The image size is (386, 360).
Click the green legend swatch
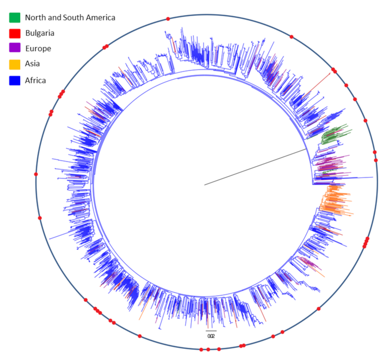[x=14, y=17]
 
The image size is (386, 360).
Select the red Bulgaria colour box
[x=14, y=33]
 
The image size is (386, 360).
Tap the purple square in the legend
[x=14, y=48]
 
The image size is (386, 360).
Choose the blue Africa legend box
[x=14, y=80]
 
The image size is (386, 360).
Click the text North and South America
[x=70, y=17]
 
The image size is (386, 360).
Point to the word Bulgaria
[x=40, y=33]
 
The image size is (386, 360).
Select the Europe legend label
[x=38, y=48]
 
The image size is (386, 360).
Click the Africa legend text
[x=36, y=80]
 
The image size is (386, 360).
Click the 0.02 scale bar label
[x=211, y=336]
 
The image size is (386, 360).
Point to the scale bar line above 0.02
[x=211, y=331]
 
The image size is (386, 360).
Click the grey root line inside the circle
[x=255, y=167]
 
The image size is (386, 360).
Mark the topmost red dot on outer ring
[x=168, y=18]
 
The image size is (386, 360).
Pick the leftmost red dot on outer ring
[x=36, y=174]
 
